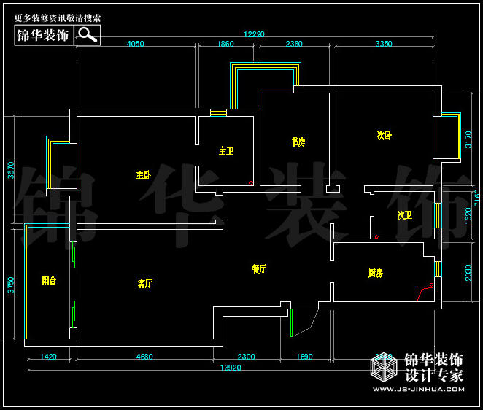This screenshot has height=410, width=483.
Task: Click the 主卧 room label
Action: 143,174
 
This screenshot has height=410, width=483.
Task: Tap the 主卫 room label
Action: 226,151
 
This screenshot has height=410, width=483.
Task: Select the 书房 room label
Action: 298,142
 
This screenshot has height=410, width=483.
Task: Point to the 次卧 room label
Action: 385,135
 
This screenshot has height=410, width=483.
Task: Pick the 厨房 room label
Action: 376,274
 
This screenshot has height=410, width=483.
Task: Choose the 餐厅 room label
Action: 259,268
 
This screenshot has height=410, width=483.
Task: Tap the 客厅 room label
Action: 145,283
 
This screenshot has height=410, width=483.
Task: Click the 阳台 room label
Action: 49,279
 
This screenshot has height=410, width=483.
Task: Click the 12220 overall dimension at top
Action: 254,34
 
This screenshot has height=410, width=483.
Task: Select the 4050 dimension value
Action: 135,44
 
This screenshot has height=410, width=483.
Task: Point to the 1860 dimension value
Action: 225,44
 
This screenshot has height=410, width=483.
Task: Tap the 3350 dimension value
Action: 384,44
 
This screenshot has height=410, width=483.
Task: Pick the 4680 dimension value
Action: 144,357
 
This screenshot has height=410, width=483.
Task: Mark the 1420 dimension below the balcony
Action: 48,357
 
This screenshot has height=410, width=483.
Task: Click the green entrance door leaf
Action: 291,323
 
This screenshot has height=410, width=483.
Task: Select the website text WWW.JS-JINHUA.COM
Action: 418,389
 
